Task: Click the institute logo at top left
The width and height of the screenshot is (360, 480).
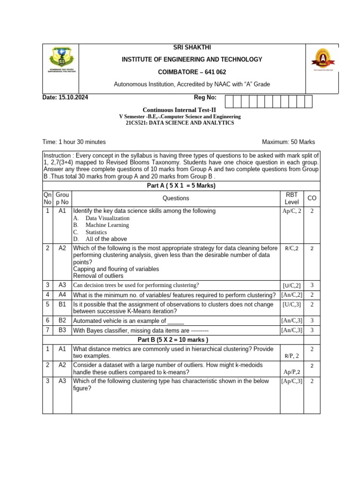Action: click(60, 60)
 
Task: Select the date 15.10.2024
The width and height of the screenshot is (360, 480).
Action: click(73, 97)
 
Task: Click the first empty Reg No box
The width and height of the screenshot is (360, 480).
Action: click(229, 102)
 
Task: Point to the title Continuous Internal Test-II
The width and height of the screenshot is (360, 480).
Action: click(180, 110)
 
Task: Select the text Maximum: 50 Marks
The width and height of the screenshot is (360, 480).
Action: click(288, 142)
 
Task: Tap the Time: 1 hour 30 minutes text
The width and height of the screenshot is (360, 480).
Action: click(74, 142)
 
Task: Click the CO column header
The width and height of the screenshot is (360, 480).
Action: click(312, 198)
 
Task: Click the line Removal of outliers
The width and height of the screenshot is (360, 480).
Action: click(97, 276)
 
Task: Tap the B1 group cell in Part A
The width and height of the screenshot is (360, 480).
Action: click(62, 305)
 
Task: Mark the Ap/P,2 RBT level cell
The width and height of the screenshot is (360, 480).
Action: click(292, 372)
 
